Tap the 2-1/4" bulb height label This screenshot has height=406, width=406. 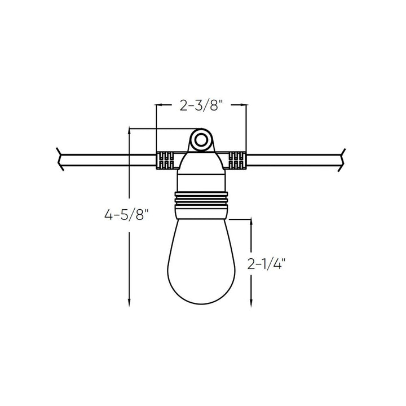point(267,264)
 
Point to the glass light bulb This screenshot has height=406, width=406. point(201,259)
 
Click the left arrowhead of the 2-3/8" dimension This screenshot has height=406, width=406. point(159,104)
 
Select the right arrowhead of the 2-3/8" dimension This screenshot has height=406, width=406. point(244,104)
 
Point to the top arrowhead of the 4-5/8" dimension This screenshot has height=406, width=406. point(130,132)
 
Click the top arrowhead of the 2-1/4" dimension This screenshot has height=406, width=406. point(251,224)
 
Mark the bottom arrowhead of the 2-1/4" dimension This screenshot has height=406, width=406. point(251,303)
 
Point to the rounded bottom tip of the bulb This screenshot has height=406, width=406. point(201,303)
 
